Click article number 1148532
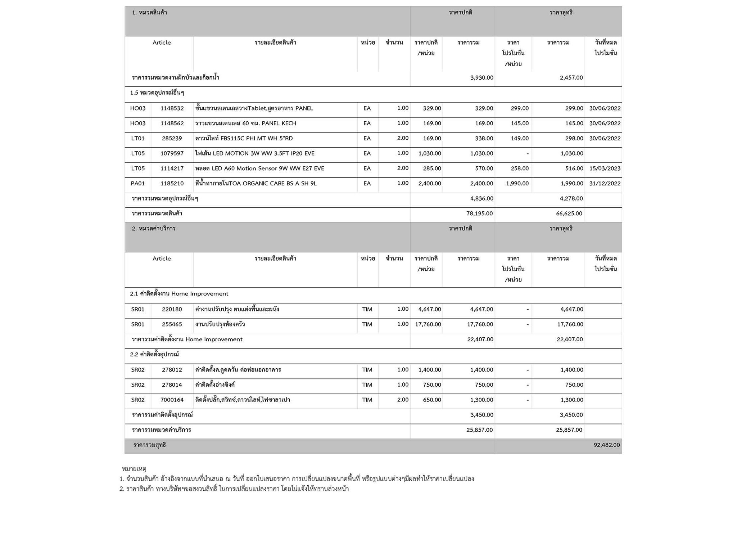coord(172,108)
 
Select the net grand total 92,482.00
coord(606,445)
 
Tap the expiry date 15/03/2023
coord(605,168)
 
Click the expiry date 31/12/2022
coord(605,184)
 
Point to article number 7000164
coord(172,400)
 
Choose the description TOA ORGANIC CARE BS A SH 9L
coord(256,184)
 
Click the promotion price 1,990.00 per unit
coord(517,184)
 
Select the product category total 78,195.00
coord(479,213)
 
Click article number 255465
coord(172,324)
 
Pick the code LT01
coord(138,139)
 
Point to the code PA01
coord(138,184)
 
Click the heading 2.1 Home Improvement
coord(179,294)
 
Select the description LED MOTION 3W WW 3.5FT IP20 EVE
coord(255,153)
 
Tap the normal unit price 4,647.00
coord(429,309)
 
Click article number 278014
coord(172,385)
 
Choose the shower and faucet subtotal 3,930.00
coord(481,78)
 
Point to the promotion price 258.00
coord(520,168)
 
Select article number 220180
coord(172,309)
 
